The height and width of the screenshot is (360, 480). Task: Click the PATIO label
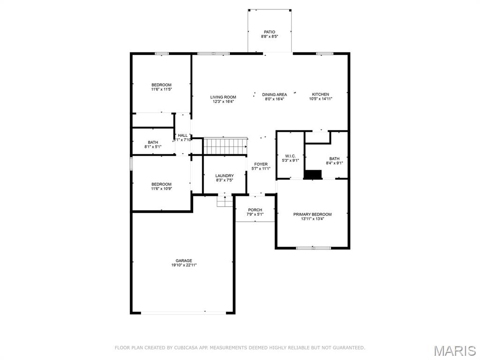tap(270, 32)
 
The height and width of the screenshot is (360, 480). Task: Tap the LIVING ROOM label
tap(223, 97)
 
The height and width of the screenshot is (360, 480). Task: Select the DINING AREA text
tap(274, 95)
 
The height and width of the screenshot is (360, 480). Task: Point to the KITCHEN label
tap(321, 94)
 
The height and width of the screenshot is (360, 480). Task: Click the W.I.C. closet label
tap(290, 156)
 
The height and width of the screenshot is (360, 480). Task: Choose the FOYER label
tap(261, 165)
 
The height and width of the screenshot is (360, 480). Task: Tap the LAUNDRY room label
tap(225, 176)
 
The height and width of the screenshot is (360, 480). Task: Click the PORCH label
tap(255, 210)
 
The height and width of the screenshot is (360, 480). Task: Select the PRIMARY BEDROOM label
tap(312, 214)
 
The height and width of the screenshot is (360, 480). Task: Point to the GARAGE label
tap(184, 261)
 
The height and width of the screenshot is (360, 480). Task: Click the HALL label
tap(183, 135)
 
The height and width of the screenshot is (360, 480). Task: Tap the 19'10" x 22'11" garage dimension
tap(184, 265)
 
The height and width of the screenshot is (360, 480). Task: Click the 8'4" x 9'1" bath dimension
tap(334, 163)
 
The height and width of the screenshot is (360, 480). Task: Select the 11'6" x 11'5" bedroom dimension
tap(161, 90)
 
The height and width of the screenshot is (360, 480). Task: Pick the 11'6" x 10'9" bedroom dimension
tap(161, 188)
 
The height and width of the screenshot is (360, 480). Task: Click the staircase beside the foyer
tap(225, 146)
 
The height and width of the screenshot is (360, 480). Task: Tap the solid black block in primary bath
tap(313, 174)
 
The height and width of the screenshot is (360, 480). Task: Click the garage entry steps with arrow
tap(225, 201)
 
